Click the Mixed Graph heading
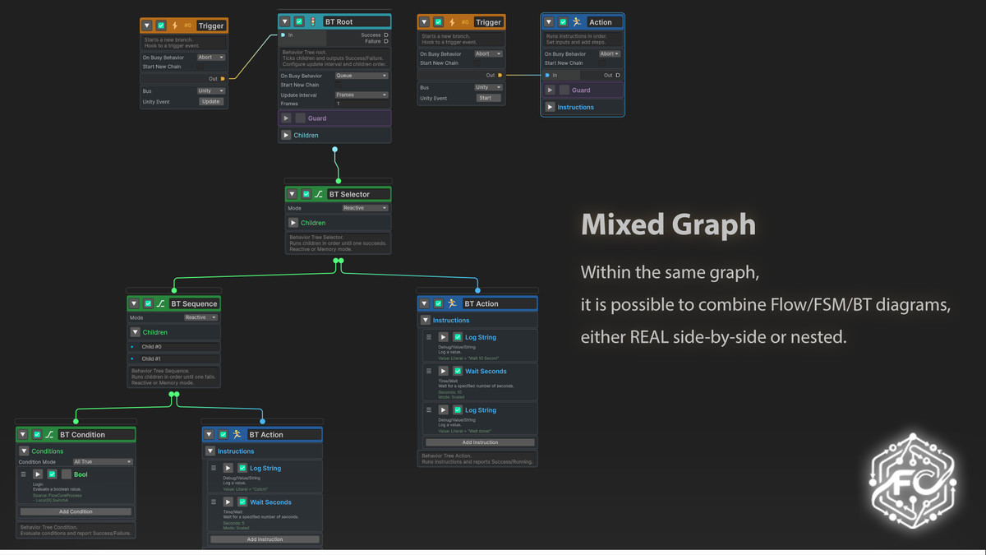point(668,225)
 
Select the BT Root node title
point(339,22)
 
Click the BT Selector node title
point(349,195)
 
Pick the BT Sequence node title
point(194,304)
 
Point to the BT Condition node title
point(82,435)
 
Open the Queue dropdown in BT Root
point(361,76)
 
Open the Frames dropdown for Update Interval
point(361,95)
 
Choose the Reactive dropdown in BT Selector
point(364,208)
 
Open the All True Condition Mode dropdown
point(102,462)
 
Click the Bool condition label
point(81,474)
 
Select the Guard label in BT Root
point(317,118)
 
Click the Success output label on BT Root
point(371,35)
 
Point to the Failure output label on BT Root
point(372,41)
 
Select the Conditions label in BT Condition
point(48,451)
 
